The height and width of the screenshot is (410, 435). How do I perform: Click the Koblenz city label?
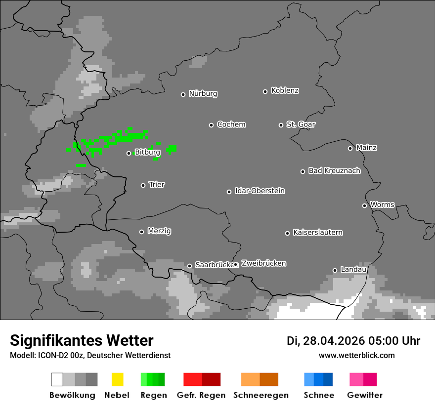[285, 91]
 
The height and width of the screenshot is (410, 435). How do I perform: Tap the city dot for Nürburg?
[183, 94]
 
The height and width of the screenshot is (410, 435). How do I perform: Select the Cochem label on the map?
[231, 124]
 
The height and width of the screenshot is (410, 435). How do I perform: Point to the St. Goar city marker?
[281, 125]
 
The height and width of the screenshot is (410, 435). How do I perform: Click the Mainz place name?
[366, 148]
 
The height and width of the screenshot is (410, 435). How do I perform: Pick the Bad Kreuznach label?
[334, 171]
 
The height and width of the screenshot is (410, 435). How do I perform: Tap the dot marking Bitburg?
[129, 153]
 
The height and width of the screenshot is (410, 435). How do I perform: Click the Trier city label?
[157, 185]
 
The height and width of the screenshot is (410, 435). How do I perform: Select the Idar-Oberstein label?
[260, 191]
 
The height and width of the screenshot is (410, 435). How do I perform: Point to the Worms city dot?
[364, 205]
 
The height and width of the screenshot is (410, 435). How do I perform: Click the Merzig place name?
[159, 231]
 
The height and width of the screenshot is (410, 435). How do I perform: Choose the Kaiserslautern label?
[318, 233]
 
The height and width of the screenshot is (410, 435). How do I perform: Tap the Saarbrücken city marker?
[189, 266]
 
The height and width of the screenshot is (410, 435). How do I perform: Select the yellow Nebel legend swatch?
[118, 379]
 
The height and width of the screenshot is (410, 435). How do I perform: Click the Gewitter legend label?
[365, 395]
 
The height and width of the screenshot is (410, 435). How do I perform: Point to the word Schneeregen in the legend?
[261, 395]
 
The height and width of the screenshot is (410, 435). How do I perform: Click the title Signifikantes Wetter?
[82, 340]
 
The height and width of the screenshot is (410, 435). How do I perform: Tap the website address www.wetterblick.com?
[356, 355]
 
